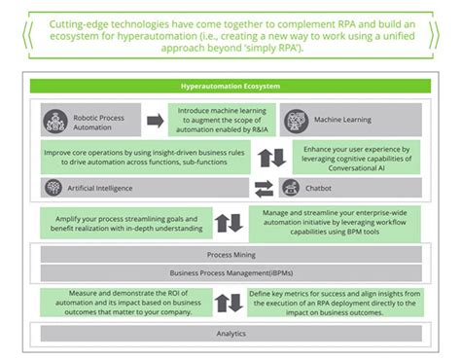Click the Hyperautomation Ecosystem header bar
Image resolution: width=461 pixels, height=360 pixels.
230,87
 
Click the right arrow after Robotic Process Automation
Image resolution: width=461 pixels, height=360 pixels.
155,122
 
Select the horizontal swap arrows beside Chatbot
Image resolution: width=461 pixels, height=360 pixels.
264,188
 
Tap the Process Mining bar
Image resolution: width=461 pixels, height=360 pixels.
230,255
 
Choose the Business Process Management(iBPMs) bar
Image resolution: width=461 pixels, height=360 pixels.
230,273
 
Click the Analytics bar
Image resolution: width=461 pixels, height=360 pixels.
230,334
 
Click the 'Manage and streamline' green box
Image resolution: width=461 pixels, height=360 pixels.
336,222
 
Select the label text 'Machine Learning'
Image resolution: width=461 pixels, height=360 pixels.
342,122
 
